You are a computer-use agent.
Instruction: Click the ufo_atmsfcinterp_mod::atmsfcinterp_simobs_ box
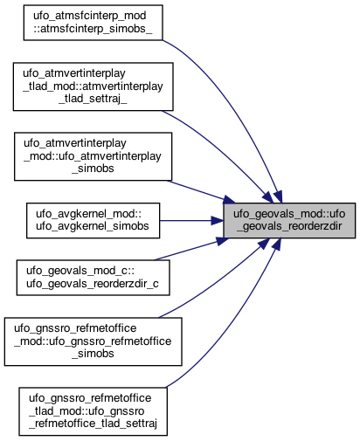point(93,23)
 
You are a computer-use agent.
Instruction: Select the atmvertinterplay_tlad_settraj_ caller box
point(93,86)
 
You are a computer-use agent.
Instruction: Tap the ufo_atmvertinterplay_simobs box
point(93,156)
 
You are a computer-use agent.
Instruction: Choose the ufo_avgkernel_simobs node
point(93,220)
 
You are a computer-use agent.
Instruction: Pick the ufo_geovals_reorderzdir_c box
point(93,278)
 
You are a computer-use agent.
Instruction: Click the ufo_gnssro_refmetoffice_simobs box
point(93,341)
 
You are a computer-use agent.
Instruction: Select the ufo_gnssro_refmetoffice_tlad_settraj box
point(93,411)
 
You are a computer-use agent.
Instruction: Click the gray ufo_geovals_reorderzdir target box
point(289,220)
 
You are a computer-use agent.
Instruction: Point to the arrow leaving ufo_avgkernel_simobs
point(191,220)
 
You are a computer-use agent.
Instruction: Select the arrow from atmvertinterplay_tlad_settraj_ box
point(221,151)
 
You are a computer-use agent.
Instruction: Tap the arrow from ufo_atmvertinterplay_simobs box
point(201,191)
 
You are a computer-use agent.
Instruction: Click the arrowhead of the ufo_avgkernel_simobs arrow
point(218,220)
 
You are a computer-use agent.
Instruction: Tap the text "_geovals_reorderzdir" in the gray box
point(289,226)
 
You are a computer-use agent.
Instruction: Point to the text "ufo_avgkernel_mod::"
point(88,214)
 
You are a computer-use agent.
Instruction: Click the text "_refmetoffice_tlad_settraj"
point(93,424)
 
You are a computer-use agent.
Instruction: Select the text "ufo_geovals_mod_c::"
point(80,271)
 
